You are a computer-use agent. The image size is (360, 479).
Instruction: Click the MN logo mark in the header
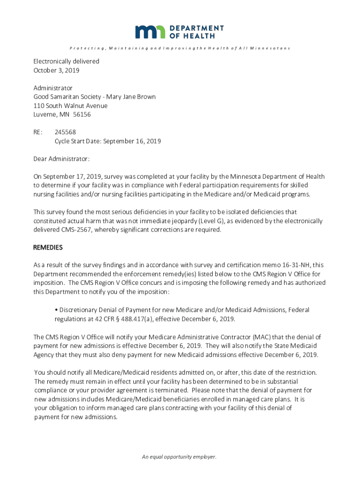tap(150, 32)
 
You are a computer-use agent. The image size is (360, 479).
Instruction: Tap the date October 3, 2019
tap(56, 70)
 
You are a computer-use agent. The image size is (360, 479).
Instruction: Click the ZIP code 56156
tap(81, 114)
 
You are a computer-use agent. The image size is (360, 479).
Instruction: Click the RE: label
tap(38, 132)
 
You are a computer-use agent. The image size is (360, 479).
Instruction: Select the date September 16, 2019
tap(132, 141)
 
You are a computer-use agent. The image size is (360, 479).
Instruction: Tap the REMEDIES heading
tap(48, 247)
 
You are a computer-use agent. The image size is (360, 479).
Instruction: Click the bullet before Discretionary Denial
tap(56, 310)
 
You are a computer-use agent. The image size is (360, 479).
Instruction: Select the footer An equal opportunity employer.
tap(180, 457)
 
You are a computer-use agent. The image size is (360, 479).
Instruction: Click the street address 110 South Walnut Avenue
tap(70, 106)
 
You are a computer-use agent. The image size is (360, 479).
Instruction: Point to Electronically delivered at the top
tap(66, 61)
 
